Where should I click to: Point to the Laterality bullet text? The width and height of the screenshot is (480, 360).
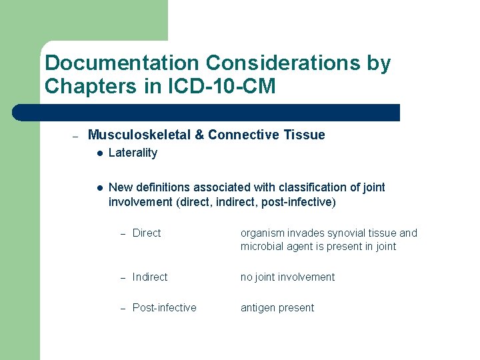coord(133,153)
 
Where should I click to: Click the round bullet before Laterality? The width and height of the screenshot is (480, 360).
coord(99,153)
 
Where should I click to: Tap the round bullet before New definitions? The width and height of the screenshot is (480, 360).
coord(99,188)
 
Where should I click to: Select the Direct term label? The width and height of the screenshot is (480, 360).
coord(147,233)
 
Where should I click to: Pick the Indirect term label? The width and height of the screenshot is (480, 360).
coord(150,277)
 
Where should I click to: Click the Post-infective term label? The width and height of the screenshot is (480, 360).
coord(164,307)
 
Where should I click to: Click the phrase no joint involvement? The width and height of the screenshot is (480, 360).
coord(287,277)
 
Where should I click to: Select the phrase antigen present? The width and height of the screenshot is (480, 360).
coord(277,307)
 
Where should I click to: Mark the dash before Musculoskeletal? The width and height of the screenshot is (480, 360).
coord(75,136)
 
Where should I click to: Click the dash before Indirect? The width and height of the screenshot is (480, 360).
coord(122,277)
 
